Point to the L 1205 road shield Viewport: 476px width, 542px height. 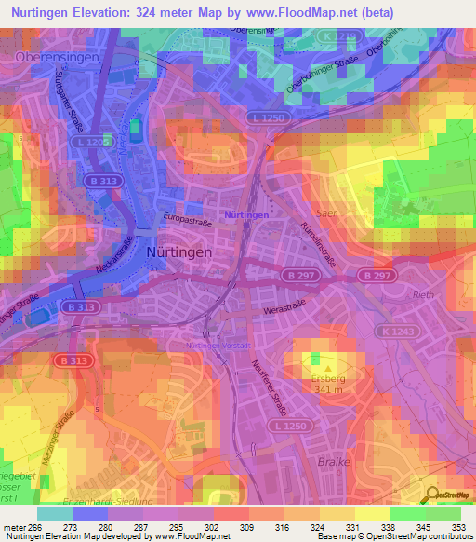click(93, 142)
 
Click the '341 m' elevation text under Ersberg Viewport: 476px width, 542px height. click(328, 389)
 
